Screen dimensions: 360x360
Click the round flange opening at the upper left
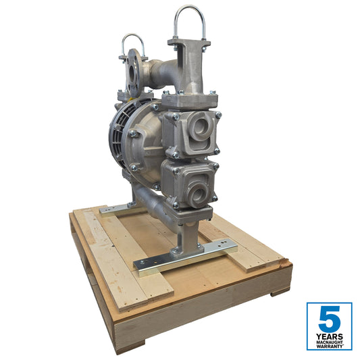(132, 68)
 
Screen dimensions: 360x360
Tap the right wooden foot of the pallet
(280, 291)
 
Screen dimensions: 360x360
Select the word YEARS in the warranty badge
(329, 336)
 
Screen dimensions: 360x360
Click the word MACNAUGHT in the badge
(329, 342)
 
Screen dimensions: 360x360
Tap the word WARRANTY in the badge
(329, 346)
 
